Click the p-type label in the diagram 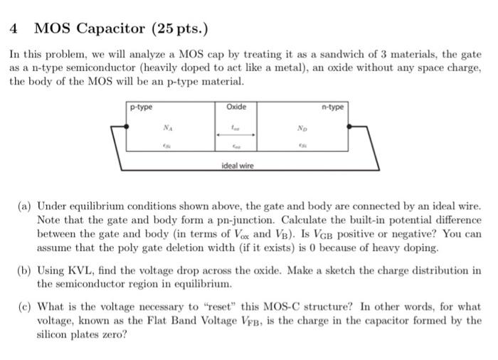(141, 107)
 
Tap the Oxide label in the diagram (235, 107)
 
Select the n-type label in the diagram (332, 107)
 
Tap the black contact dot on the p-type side (127, 126)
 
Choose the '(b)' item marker (23, 271)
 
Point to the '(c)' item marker (23, 307)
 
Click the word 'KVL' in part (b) (81, 271)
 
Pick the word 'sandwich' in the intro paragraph (304, 53)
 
